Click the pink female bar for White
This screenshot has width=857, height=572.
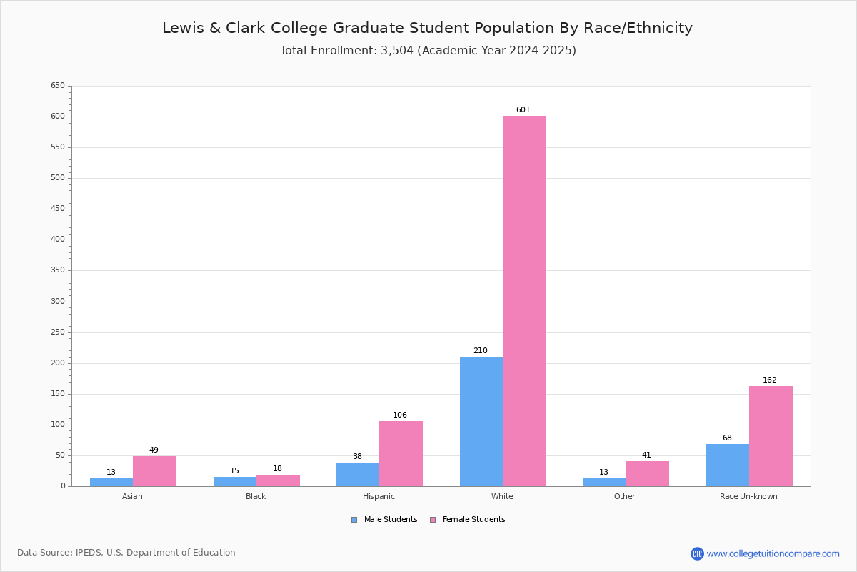[524, 301]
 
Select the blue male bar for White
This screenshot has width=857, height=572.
[481, 422]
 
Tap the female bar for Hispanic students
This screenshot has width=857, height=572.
[401, 454]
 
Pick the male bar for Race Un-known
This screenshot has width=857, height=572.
[728, 465]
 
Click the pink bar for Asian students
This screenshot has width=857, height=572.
[154, 471]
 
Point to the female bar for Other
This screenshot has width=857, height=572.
[647, 474]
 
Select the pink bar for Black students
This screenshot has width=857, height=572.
[278, 480]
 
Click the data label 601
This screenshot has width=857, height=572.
[523, 110]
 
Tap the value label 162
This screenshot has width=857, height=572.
[770, 380]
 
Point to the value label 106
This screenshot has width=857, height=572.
[400, 415]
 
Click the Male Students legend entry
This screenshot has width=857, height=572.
[384, 520]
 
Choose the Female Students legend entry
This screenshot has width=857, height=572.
[468, 520]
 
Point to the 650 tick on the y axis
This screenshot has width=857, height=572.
[58, 85]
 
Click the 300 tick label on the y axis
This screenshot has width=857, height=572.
[58, 302]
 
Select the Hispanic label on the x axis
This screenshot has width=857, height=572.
[379, 496]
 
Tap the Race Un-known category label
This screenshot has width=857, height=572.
[748, 496]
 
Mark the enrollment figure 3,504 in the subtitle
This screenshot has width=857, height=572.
[397, 51]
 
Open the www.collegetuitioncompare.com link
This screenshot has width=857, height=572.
[773, 554]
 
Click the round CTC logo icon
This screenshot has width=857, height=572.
[698, 553]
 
